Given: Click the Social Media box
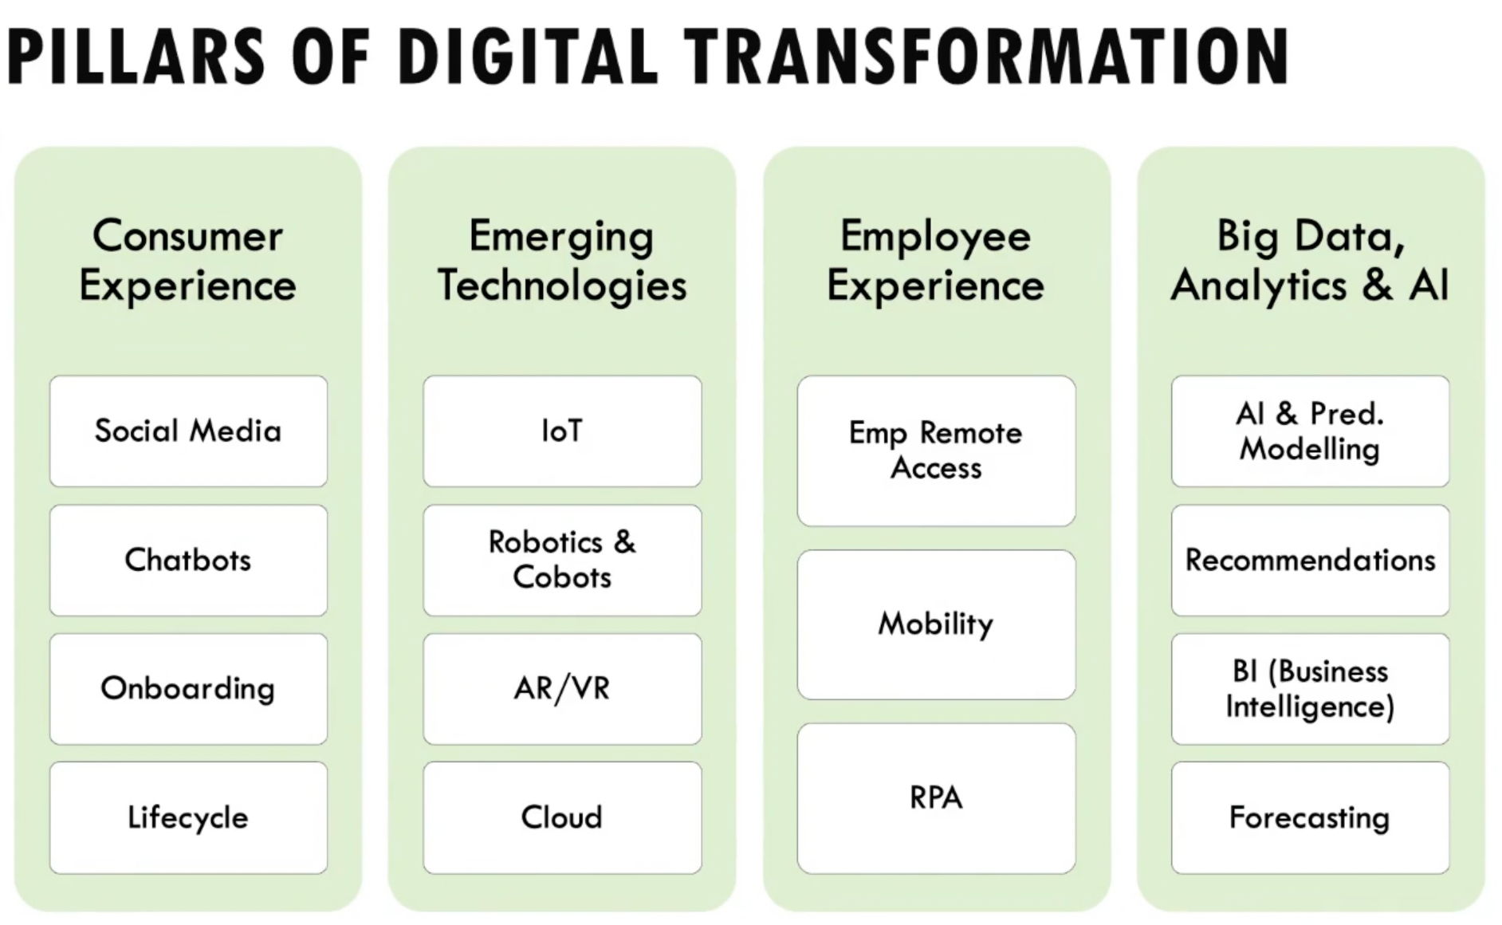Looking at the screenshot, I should point(188,431).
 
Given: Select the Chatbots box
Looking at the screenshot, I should point(188,560).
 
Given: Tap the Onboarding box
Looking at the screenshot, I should point(188,689).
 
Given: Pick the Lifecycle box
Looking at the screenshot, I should point(188,817).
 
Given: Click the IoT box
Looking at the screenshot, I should point(562,431).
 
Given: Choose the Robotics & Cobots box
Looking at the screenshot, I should point(562,560).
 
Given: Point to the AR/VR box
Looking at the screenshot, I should point(562,689).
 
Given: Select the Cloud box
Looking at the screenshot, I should point(562,817).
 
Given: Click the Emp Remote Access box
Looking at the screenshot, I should point(936,451).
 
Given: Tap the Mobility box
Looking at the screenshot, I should point(936,624).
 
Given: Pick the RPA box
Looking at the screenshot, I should point(936,798).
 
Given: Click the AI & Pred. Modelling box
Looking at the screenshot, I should point(1310,431).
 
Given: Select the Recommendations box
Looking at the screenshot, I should point(1310,560).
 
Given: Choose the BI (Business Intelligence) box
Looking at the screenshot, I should point(1310,689).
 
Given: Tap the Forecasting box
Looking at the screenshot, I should point(1310,817).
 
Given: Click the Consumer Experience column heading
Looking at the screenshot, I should point(188,261).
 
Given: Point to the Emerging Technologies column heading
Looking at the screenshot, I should point(562,261).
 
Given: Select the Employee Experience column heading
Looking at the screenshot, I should point(936,261).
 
